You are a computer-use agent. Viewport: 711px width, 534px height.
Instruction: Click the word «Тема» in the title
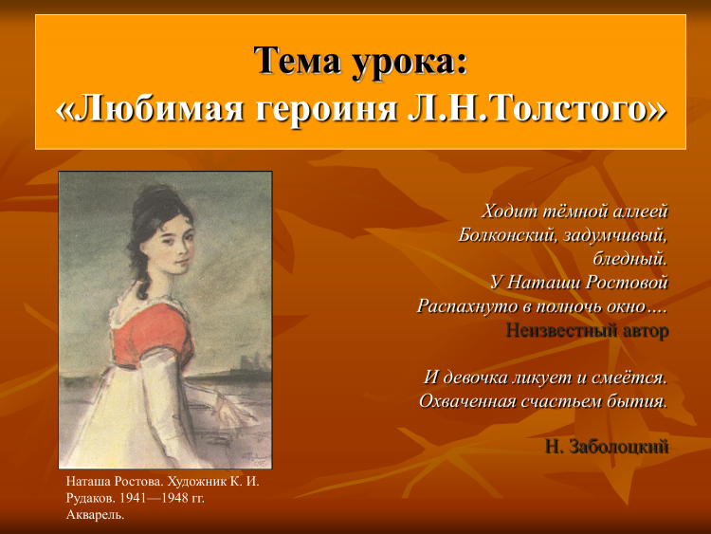pyautogui.click(x=297, y=61)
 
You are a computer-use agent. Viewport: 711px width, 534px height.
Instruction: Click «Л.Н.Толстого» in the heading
pyautogui.click(x=526, y=109)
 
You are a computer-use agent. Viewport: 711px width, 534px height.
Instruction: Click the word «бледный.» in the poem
pyautogui.click(x=630, y=258)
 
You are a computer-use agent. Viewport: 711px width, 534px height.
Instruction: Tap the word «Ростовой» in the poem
pyautogui.click(x=627, y=283)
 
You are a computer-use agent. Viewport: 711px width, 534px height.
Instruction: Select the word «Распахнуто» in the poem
pyautogui.click(x=467, y=306)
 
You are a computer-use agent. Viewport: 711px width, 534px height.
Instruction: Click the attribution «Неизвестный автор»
pyautogui.click(x=587, y=330)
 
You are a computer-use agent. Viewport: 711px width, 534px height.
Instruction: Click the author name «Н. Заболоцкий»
pyautogui.click(x=607, y=447)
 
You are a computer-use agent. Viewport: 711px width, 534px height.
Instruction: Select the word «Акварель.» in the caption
pyautogui.click(x=95, y=515)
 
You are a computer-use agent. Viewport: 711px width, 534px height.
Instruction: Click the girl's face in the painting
pyautogui.click(x=173, y=245)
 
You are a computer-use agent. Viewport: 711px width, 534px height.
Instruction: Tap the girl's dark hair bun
pyautogui.click(x=156, y=199)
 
